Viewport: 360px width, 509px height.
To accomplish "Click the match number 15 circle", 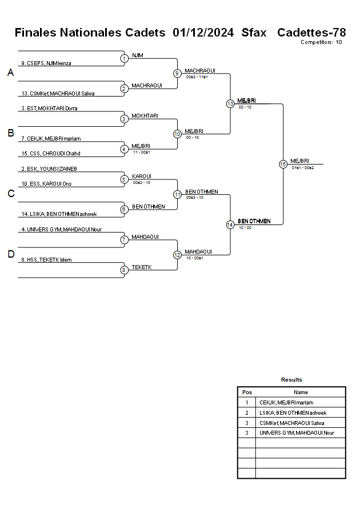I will (x=283, y=164).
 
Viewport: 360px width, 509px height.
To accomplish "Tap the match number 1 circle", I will (x=124, y=58).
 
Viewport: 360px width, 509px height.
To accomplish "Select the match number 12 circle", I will (x=177, y=255).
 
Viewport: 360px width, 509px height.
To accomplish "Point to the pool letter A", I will (x=10, y=73).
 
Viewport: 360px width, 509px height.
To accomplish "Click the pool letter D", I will (x=10, y=254).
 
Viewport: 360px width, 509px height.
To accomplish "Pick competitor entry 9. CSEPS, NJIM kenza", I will (x=46, y=63).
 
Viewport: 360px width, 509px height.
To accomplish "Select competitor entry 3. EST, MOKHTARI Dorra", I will (x=49, y=108).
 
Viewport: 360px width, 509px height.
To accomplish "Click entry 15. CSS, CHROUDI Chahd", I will (x=50, y=153).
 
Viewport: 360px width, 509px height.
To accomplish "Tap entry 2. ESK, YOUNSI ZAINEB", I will (x=49, y=169).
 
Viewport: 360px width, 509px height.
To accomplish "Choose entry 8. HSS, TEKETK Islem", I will (x=46, y=260).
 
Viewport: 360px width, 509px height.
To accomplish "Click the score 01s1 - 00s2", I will (x=302, y=167).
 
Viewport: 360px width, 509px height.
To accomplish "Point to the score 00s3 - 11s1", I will (x=197, y=77).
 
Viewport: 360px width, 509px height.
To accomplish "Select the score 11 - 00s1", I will (x=141, y=153).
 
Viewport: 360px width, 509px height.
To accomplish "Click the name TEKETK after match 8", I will (x=141, y=267).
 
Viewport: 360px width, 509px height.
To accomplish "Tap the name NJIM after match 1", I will (x=137, y=55).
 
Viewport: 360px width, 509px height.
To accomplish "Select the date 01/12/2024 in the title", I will (x=203, y=33).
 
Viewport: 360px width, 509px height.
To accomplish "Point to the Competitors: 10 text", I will (x=321, y=42).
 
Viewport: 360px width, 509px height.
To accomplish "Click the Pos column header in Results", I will (x=247, y=392).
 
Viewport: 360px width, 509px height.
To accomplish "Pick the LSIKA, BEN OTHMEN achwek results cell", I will (x=293, y=412).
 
